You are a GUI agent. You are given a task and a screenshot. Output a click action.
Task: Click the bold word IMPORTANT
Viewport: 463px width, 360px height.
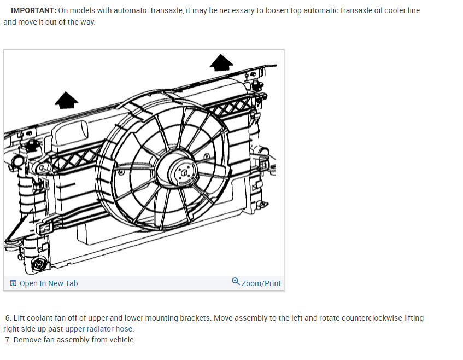point(33,10)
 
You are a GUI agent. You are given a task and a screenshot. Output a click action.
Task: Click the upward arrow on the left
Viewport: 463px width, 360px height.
point(66,100)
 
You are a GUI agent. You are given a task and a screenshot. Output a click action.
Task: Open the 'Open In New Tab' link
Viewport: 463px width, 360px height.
point(48,283)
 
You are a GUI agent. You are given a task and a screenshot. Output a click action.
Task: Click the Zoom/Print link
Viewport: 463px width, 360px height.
point(261,283)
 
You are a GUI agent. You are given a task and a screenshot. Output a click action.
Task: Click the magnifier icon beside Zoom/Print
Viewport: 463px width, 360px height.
point(236,282)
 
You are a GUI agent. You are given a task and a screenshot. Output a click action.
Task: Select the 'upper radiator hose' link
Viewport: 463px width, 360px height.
point(98,329)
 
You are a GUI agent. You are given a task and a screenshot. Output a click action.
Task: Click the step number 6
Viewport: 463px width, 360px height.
point(8,318)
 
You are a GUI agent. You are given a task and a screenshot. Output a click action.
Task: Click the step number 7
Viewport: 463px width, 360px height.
point(8,340)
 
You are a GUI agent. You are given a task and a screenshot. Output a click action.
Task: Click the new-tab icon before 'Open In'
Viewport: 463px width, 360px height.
point(13,283)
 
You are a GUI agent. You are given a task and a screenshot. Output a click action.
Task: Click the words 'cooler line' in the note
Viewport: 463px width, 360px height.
point(401,10)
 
